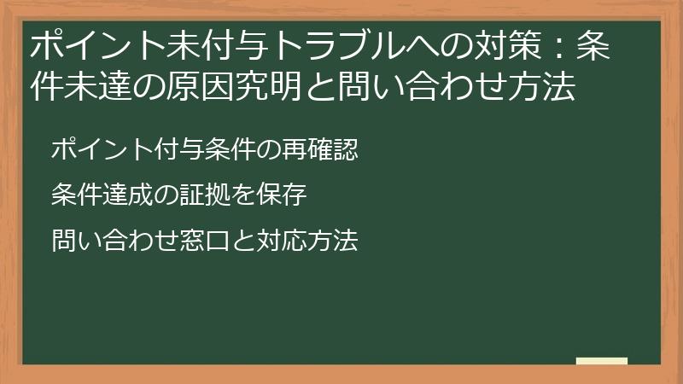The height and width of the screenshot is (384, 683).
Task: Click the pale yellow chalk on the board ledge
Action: [601, 361]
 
